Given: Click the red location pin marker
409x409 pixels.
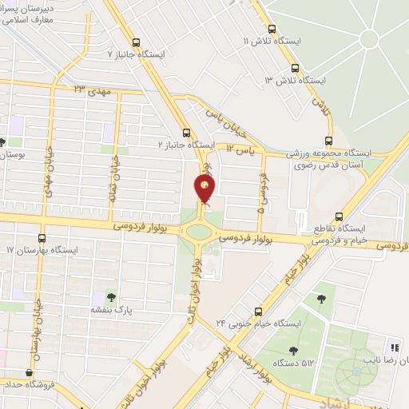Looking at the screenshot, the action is coord(205,189).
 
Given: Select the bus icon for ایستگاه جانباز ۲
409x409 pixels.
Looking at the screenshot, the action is coord(185,133).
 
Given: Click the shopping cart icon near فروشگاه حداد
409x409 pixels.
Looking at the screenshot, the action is coord(30,371).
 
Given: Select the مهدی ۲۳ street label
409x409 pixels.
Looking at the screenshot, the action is coord(90,89).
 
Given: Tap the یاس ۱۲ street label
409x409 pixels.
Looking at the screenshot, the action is coord(238,149).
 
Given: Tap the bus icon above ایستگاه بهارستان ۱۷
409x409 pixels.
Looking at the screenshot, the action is coord(42,238).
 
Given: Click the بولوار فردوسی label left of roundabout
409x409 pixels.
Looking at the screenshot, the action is coord(137,227).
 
